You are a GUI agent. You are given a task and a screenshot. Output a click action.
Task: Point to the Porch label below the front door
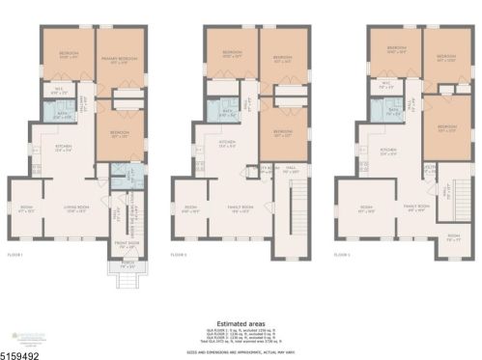(123, 263)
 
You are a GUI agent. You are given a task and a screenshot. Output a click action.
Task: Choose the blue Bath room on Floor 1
(61, 117)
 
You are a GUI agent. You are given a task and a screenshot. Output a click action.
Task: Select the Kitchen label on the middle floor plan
(227, 149)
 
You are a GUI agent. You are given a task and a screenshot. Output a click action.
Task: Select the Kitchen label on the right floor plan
(390, 151)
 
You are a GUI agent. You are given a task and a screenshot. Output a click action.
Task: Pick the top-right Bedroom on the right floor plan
(444, 57)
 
